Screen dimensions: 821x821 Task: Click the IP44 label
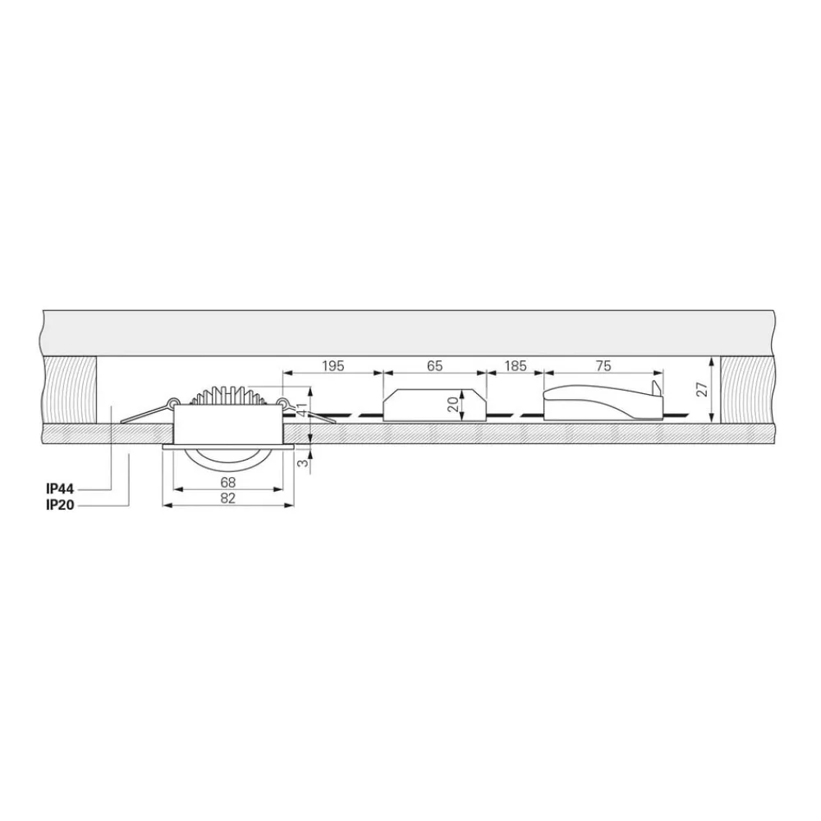[x=60, y=489]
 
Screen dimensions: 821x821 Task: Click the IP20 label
[x=60, y=505]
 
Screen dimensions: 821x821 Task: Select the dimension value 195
[x=333, y=365]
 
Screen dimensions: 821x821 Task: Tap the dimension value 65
[x=435, y=365]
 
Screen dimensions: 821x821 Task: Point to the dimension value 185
[x=516, y=365]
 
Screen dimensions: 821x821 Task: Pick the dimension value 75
[x=603, y=365]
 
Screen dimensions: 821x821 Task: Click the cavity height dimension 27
[x=703, y=389]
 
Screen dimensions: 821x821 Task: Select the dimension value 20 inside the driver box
[x=453, y=404]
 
